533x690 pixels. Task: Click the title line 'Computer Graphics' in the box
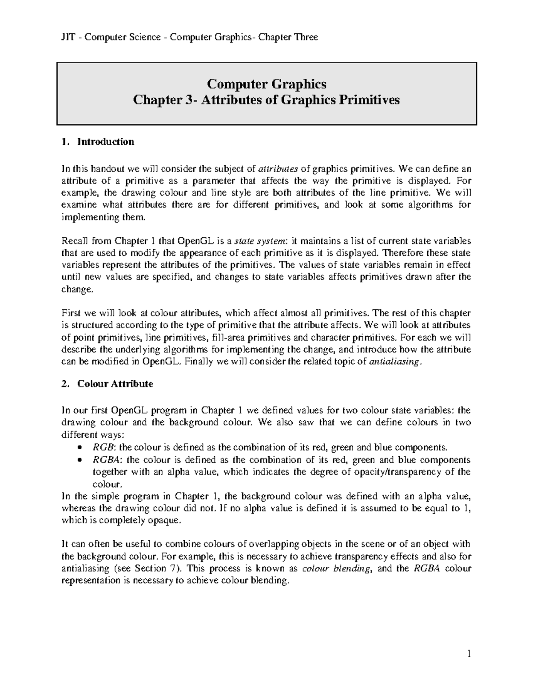[x=266, y=84]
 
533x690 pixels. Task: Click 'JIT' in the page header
[x=67, y=37]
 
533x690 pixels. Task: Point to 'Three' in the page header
[x=306, y=37]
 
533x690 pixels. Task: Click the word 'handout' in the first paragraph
[x=107, y=169]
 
